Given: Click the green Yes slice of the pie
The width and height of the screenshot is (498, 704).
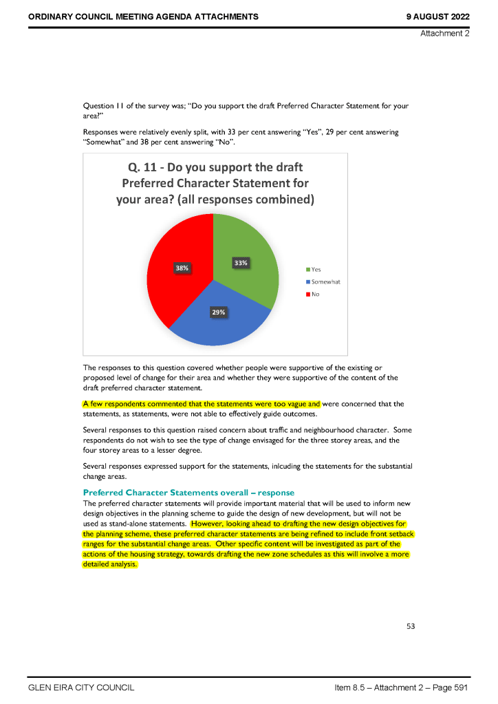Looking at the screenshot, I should pos(251,275).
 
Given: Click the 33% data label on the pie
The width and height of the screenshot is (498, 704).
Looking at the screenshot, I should pos(241,262).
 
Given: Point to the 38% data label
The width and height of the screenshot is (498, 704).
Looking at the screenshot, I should pos(182,268).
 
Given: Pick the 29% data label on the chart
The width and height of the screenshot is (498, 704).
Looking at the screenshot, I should pos(218,312).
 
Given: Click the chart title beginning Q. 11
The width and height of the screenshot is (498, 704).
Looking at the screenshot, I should pos(215,184).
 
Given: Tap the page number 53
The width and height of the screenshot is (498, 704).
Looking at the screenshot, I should pos(411,626).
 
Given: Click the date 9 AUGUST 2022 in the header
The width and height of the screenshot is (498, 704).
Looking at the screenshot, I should pos(438,16).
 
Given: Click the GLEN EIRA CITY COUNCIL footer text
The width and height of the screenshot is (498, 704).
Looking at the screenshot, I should pos(80,687).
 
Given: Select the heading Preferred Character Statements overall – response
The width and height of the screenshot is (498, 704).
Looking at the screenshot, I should pos(188,492).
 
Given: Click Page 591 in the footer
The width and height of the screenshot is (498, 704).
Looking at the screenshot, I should pos(451,687).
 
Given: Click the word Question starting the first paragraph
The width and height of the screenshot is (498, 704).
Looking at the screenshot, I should pos(98,107).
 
